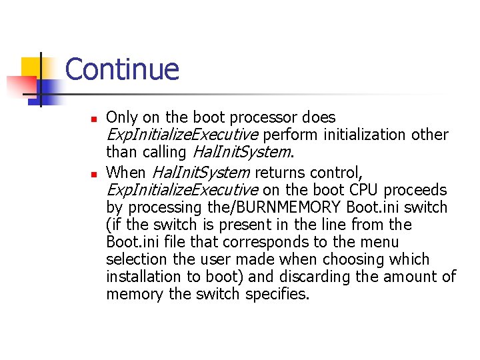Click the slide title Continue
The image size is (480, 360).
coord(123,69)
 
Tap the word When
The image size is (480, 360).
coord(127,173)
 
